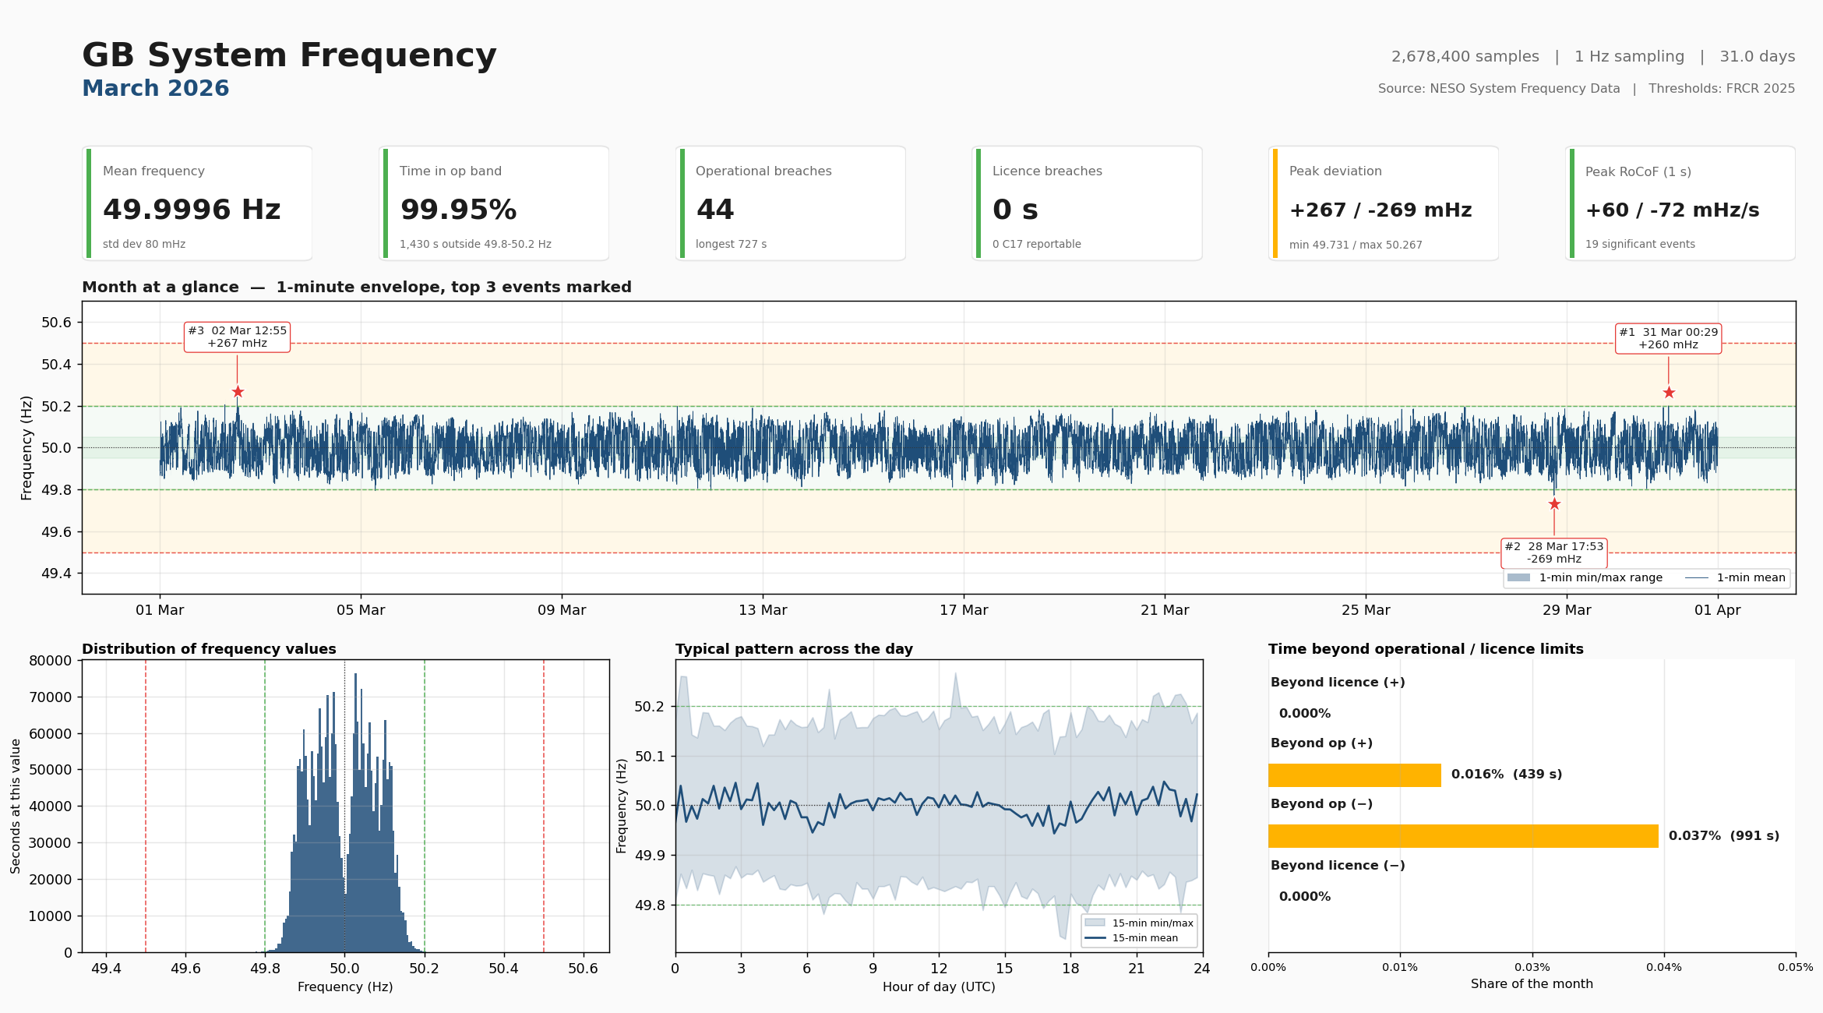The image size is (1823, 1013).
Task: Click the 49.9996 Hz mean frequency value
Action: pos(192,210)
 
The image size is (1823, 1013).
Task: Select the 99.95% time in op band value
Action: pos(458,210)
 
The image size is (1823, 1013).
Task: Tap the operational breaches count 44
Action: pos(714,210)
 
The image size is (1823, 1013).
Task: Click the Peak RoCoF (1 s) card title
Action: pos(1638,171)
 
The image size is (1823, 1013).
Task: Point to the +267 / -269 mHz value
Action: pos(1380,210)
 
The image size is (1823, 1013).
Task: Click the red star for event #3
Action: pos(238,392)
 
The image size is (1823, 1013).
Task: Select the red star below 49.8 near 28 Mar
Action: pos(1554,504)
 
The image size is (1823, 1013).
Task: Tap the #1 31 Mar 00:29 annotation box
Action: pos(1668,338)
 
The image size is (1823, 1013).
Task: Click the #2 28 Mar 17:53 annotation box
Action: pos(1553,552)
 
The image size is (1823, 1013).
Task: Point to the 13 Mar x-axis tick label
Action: pos(763,610)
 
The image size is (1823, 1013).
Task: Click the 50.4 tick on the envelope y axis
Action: pos(56,365)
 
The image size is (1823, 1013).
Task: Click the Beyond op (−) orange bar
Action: pos(1462,836)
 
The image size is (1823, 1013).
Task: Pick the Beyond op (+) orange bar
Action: pos(1354,775)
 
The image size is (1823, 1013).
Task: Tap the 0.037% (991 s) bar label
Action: pos(1723,836)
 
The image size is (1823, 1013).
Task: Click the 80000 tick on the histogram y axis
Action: pos(50,661)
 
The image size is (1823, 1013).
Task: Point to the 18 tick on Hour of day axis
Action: pos(1070,969)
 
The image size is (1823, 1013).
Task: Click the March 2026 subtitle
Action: pos(155,89)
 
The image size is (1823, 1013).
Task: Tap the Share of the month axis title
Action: pos(1531,984)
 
